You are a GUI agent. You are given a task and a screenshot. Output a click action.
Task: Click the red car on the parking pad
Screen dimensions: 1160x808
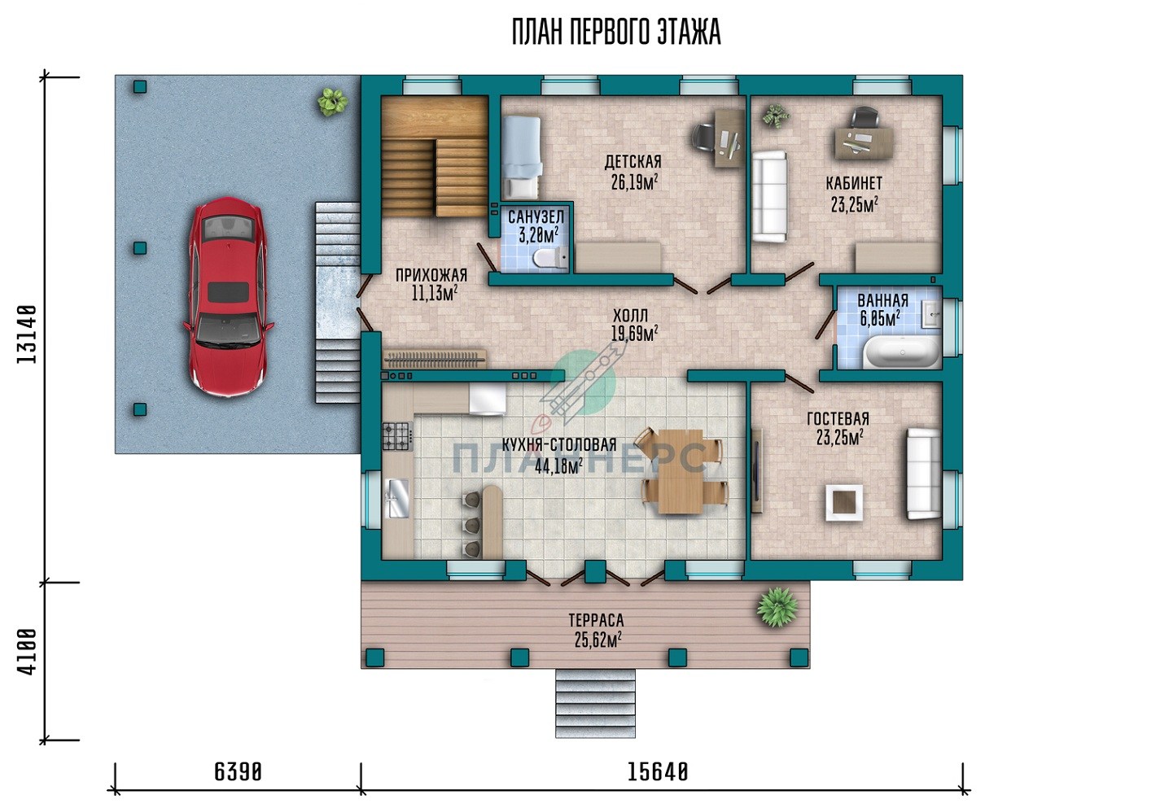228,296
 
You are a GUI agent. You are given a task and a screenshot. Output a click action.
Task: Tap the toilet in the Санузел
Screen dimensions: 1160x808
550,257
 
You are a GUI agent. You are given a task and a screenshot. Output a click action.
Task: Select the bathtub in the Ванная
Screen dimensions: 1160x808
902,352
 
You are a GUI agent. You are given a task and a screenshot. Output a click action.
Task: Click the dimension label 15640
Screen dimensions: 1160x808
658,773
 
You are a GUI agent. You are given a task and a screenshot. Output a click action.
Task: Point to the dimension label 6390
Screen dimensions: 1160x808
238,773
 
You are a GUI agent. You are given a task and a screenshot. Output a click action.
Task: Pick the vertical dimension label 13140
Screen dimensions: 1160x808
27,334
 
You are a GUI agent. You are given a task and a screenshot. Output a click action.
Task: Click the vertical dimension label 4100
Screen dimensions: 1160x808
27,652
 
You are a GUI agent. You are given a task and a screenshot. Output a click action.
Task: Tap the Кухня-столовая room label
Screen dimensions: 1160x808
559,445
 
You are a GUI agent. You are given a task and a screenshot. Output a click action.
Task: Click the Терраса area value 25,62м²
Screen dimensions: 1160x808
598,640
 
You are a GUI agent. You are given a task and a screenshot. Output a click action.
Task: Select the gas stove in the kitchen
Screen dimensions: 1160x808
397,436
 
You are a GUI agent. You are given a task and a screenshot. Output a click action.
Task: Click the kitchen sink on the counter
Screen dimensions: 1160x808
398,498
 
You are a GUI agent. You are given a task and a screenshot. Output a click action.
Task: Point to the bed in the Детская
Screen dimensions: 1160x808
522,158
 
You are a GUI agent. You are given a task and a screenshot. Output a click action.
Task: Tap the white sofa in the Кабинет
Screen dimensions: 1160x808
769,197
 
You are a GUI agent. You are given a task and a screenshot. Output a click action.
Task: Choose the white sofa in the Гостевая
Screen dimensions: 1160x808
923,473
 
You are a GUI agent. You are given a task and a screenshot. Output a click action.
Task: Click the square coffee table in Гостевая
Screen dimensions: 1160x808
844,503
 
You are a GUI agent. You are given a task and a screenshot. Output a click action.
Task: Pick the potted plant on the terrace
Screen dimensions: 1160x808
777,607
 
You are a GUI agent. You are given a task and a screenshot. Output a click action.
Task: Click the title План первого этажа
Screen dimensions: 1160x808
616,32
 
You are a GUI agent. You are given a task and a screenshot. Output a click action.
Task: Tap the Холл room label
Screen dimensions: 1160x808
630,315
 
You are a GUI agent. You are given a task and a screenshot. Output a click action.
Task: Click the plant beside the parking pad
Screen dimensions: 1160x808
332,101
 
